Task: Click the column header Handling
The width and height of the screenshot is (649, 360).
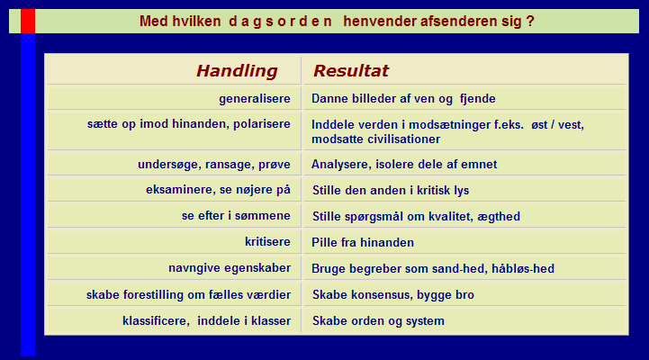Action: [237, 71]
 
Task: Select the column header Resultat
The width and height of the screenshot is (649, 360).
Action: [351, 71]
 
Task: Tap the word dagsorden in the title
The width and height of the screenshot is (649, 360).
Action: [280, 21]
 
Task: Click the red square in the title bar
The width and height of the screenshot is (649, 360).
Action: [28, 21]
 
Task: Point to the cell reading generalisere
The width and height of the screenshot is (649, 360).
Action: [255, 98]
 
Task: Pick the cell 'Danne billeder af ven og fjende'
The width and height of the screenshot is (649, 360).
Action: [403, 98]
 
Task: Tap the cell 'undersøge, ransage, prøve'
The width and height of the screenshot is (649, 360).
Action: [214, 165]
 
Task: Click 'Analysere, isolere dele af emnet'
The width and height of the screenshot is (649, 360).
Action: [404, 165]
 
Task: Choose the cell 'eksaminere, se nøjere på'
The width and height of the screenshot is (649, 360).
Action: [218, 190]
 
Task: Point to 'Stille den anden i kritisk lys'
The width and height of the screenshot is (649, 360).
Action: [391, 190]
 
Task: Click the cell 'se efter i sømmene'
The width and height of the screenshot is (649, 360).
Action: [236, 216]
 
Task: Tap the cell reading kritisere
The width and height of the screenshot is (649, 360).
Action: [267, 242]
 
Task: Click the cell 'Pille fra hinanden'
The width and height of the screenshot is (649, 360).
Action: [363, 242]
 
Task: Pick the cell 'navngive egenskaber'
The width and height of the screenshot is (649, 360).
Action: [230, 268]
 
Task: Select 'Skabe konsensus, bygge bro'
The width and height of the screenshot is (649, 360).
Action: [392, 294]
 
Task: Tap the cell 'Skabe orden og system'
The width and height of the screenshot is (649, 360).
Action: [378, 320]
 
